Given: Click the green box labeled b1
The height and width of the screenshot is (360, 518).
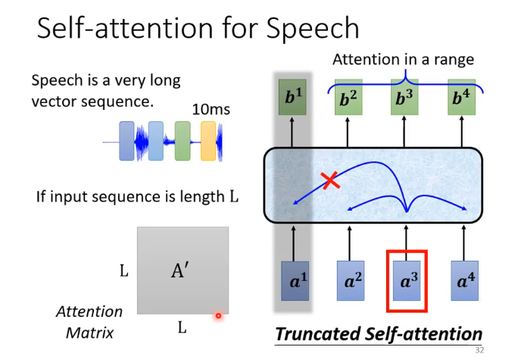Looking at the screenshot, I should pos(292,98).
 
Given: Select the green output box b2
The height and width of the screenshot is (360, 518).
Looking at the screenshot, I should pos(348,98).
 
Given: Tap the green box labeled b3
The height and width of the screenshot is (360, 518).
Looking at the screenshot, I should pos(405,98).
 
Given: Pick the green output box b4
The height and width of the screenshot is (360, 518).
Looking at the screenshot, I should pos(460,98).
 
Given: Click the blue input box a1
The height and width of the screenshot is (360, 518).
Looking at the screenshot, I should pos(294,280).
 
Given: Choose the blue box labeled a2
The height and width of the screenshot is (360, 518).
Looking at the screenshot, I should pos(350,280).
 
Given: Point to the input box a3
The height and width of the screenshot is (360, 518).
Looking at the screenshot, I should pos(407,280).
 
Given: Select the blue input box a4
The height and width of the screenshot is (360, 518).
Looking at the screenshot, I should pos(463,280).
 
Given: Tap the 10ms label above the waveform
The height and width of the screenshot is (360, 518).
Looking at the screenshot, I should pos(211,110).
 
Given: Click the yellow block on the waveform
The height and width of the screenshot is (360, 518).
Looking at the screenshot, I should pos(208,141).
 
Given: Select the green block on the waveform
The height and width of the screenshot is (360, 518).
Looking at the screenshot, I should pos(182,141).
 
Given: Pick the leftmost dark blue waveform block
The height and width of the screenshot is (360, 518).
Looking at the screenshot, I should pos(126,141).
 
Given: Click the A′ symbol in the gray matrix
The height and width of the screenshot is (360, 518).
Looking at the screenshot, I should pos(179,271).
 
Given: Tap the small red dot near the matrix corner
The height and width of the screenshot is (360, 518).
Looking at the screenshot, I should pos(218,315).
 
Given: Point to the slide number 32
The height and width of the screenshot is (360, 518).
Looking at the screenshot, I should pos(479,350).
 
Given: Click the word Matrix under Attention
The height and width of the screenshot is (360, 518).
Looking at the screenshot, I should pos(84,332).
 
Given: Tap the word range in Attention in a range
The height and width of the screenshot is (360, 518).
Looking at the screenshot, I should pos(452,59).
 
